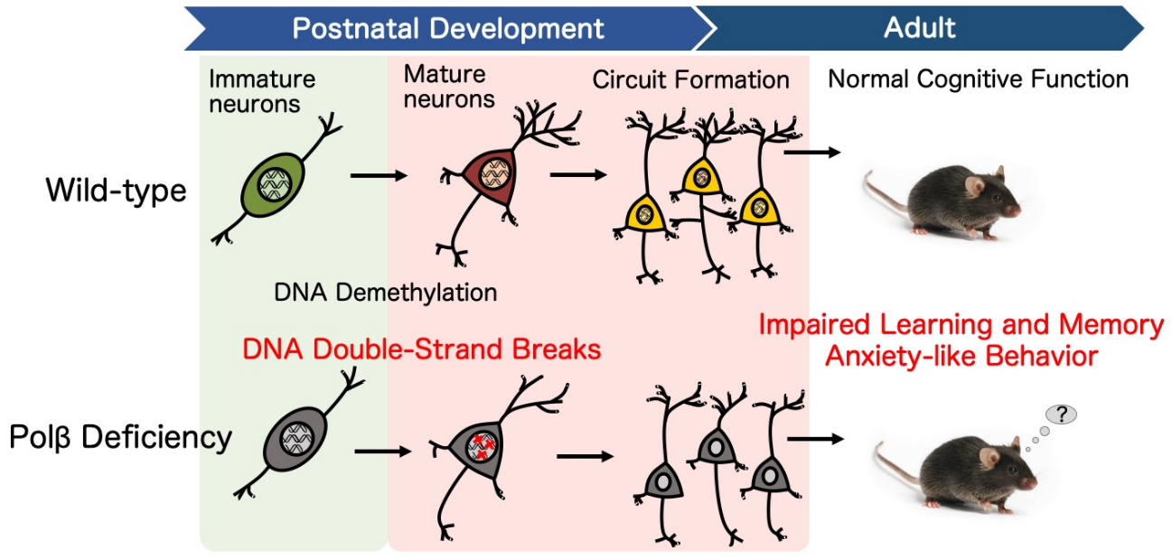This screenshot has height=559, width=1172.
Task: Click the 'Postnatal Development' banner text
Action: pyautogui.click(x=448, y=28)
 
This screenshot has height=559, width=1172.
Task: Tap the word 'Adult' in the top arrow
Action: pyautogui.click(x=920, y=27)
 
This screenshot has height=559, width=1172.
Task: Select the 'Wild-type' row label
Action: pyautogui.click(x=117, y=191)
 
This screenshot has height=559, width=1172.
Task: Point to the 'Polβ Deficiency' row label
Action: pyautogui.click(x=120, y=437)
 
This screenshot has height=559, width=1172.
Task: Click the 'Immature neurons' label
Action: pyautogui.click(x=262, y=91)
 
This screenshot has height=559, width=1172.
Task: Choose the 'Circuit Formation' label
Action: pyautogui.click(x=690, y=80)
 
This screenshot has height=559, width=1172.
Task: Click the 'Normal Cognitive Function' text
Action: pyautogui.click(x=978, y=79)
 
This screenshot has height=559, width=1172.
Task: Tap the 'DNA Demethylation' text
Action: pyautogui.click(x=385, y=293)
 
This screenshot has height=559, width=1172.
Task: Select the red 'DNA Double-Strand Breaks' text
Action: pyautogui.click(x=422, y=349)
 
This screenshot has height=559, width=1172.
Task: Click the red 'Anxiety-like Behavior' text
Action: pyautogui.click(x=961, y=356)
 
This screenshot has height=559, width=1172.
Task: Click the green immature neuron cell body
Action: pyautogui.click(x=273, y=184)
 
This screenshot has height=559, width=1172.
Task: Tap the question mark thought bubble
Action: pyautogui.click(x=1061, y=415)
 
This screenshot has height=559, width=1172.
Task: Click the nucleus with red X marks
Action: pyautogui.click(x=482, y=446)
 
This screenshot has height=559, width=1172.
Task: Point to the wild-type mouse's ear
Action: pyautogui.click(x=974, y=185)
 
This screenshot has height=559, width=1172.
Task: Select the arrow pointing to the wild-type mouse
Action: pyautogui.click(x=812, y=153)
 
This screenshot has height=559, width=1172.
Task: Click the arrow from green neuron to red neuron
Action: pyautogui.click(x=379, y=176)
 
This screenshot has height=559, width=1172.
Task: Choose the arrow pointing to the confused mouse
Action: pyautogui.click(x=815, y=439)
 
